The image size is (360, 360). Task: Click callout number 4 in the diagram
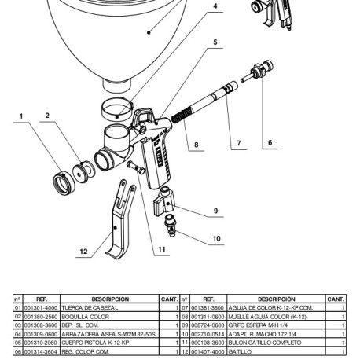[x=215, y=6]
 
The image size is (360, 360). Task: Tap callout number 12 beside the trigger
[x=83, y=252]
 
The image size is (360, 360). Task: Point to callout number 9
[x=215, y=211]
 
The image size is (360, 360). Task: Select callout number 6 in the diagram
[x=270, y=143]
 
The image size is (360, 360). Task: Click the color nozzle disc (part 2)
[x=83, y=172]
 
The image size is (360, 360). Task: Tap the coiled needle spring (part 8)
[x=182, y=115]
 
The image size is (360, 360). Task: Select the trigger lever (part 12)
[x=121, y=220]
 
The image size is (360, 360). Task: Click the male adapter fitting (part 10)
[x=171, y=226]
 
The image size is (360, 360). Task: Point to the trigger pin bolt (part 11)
[x=136, y=168]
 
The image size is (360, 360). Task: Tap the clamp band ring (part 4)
[x=117, y=109]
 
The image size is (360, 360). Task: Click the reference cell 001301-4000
[x=41, y=307]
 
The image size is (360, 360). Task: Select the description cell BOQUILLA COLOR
[x=86, y=317]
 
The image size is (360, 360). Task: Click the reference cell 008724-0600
[x=208, y=325]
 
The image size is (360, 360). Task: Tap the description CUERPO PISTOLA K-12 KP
[x=95, y=343]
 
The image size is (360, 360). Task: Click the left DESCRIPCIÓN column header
[x=110, y=299]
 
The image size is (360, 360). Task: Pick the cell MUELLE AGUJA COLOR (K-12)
[x=267, y=317]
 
